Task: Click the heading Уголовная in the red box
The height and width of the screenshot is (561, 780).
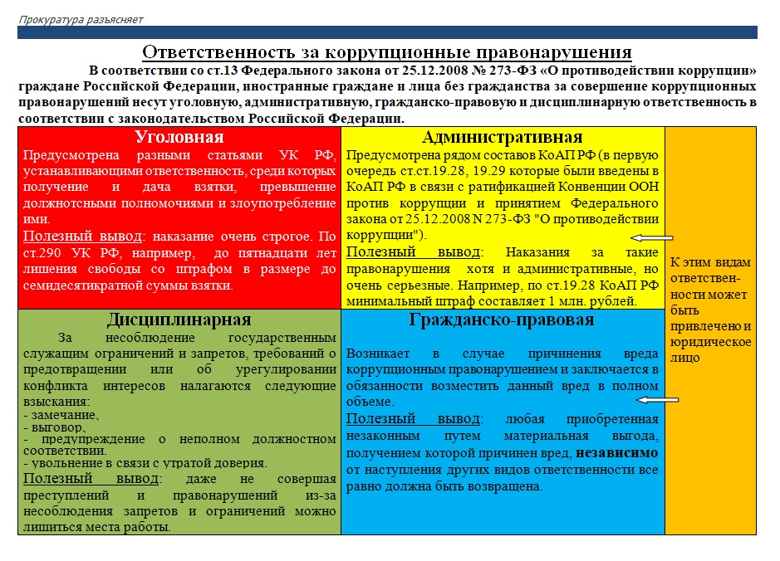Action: (x=179, y=137)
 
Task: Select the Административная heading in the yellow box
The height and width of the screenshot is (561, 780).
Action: (x=502, y=137)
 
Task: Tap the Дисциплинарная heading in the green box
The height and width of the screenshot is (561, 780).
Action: (x=179, y=320)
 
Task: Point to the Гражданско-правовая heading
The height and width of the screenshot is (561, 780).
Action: (x=502, y=320)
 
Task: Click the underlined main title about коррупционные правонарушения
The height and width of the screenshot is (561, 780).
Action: (x=387, y=52)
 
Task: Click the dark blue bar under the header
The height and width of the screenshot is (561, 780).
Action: (x=387, y=32)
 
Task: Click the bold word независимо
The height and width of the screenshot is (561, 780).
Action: (x=617, y=453)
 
